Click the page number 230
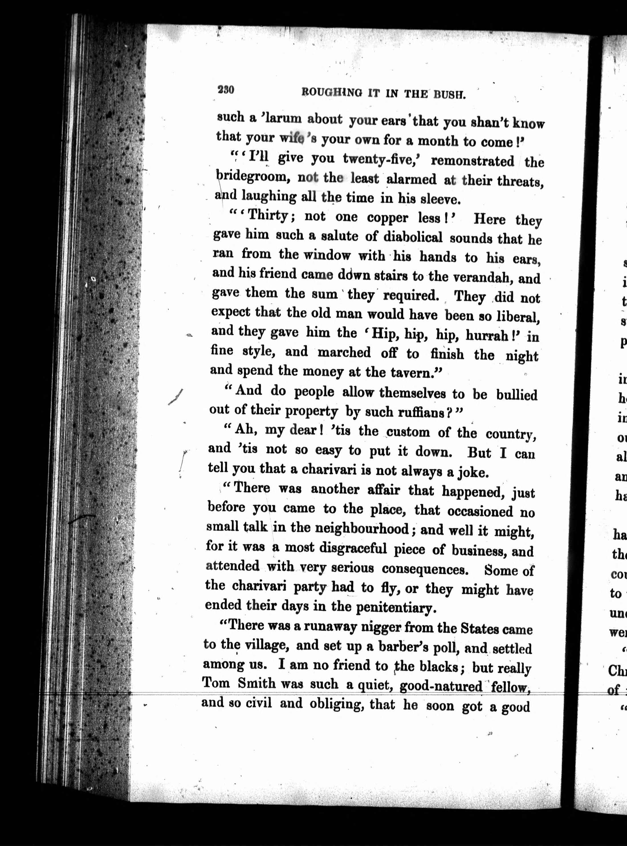tap(226, 90)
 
